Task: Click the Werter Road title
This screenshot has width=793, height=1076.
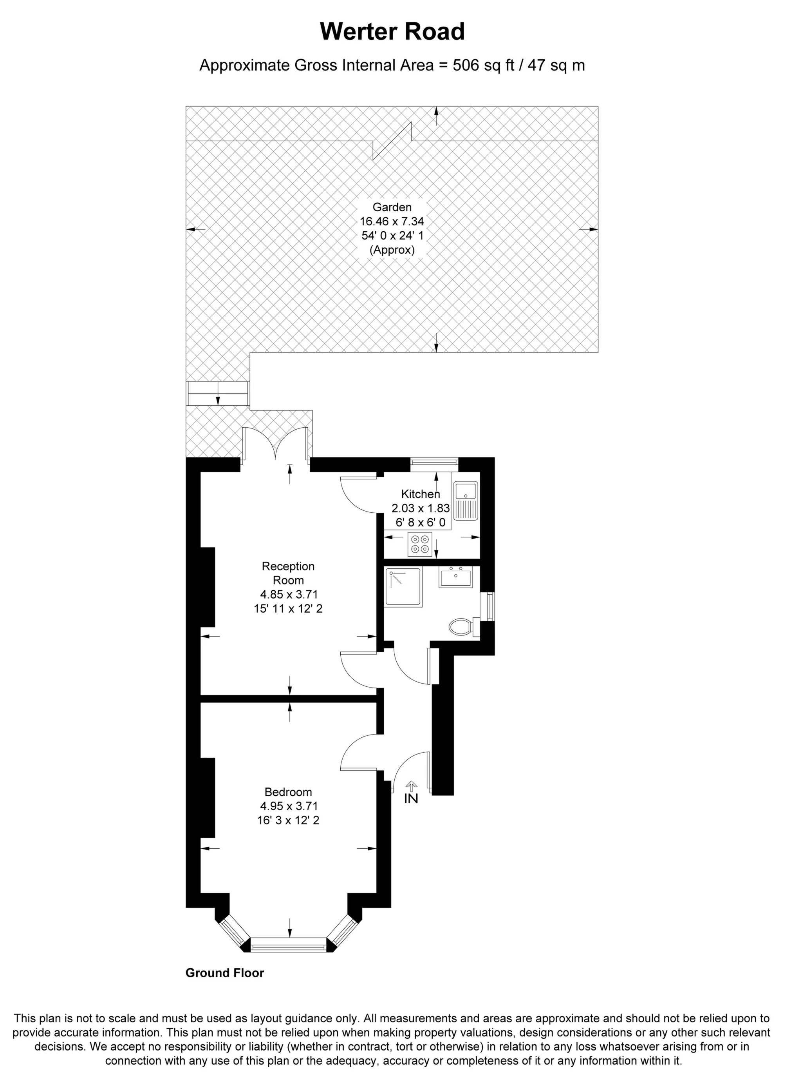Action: coord(392,32)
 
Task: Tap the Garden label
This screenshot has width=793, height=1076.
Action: coord(392,207)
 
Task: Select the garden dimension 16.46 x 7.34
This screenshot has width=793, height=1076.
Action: coord(392,221)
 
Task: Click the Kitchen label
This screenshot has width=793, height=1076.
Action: coord(421,494)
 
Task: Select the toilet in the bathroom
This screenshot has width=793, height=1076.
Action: coord(462,627)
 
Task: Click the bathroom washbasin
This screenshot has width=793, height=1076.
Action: coord(455,577)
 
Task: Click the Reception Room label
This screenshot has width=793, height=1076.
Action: coord(288,573)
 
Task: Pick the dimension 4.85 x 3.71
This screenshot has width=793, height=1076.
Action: coord(288,595)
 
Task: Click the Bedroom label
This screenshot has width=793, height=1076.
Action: coord(288,792)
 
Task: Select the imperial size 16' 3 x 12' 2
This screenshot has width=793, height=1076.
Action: coord(288,820)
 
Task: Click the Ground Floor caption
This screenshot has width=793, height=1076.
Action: coord(225,973)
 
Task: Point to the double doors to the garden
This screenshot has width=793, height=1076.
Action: coord(276,445)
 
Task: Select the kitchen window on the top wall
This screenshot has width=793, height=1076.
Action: coord(434,462)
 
